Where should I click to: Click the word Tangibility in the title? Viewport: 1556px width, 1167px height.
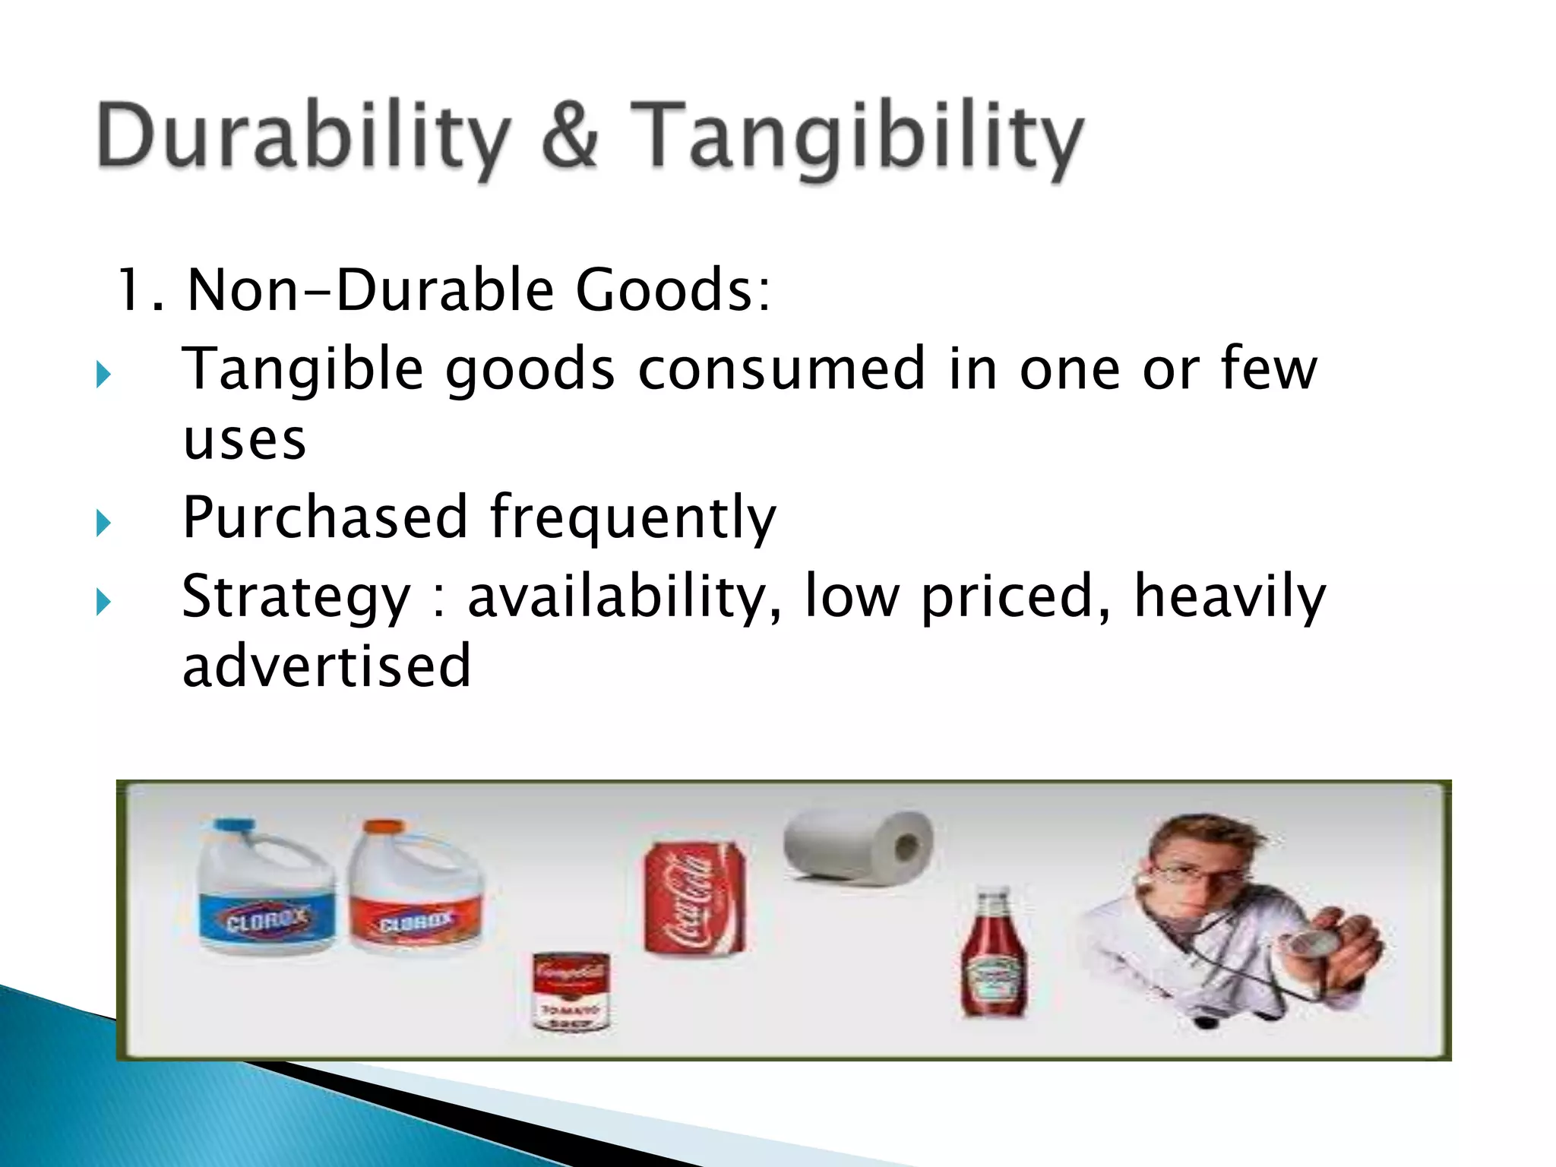(x=857, y=137)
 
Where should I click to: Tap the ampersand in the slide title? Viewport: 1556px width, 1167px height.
(x=570, y=135)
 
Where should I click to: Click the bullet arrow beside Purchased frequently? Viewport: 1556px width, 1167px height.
(x=104, y=523)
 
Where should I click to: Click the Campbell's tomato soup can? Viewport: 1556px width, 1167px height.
(x=571, y=991)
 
